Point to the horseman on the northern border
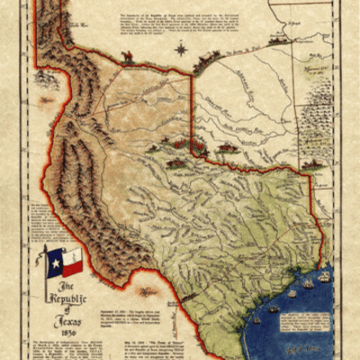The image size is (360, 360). pyautogui.click(x=129, y=58)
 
